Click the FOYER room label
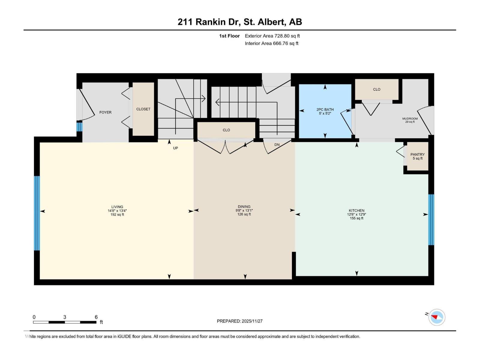pos(105,112)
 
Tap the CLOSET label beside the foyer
pos(143,109)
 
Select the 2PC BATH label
pos(325,110)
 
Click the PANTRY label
pos(417,154)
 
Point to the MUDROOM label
pos(410,119)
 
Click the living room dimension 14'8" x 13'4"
pos(117,211)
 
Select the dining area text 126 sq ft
pos(244,214)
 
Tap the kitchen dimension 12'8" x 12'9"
pos(356,214)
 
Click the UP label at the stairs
pos(175,148)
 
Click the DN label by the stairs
pos(277,145)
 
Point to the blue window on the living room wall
pos(37,213)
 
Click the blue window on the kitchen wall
pos(431,220)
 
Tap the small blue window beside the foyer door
pos(79,127)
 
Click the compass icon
pos(437,317)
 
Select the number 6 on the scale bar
pos(96,317)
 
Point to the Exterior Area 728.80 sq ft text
pos(272,36)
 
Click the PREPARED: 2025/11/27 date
pos(240,321)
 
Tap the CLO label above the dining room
pos(226,130)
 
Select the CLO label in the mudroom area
pos(376,89)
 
